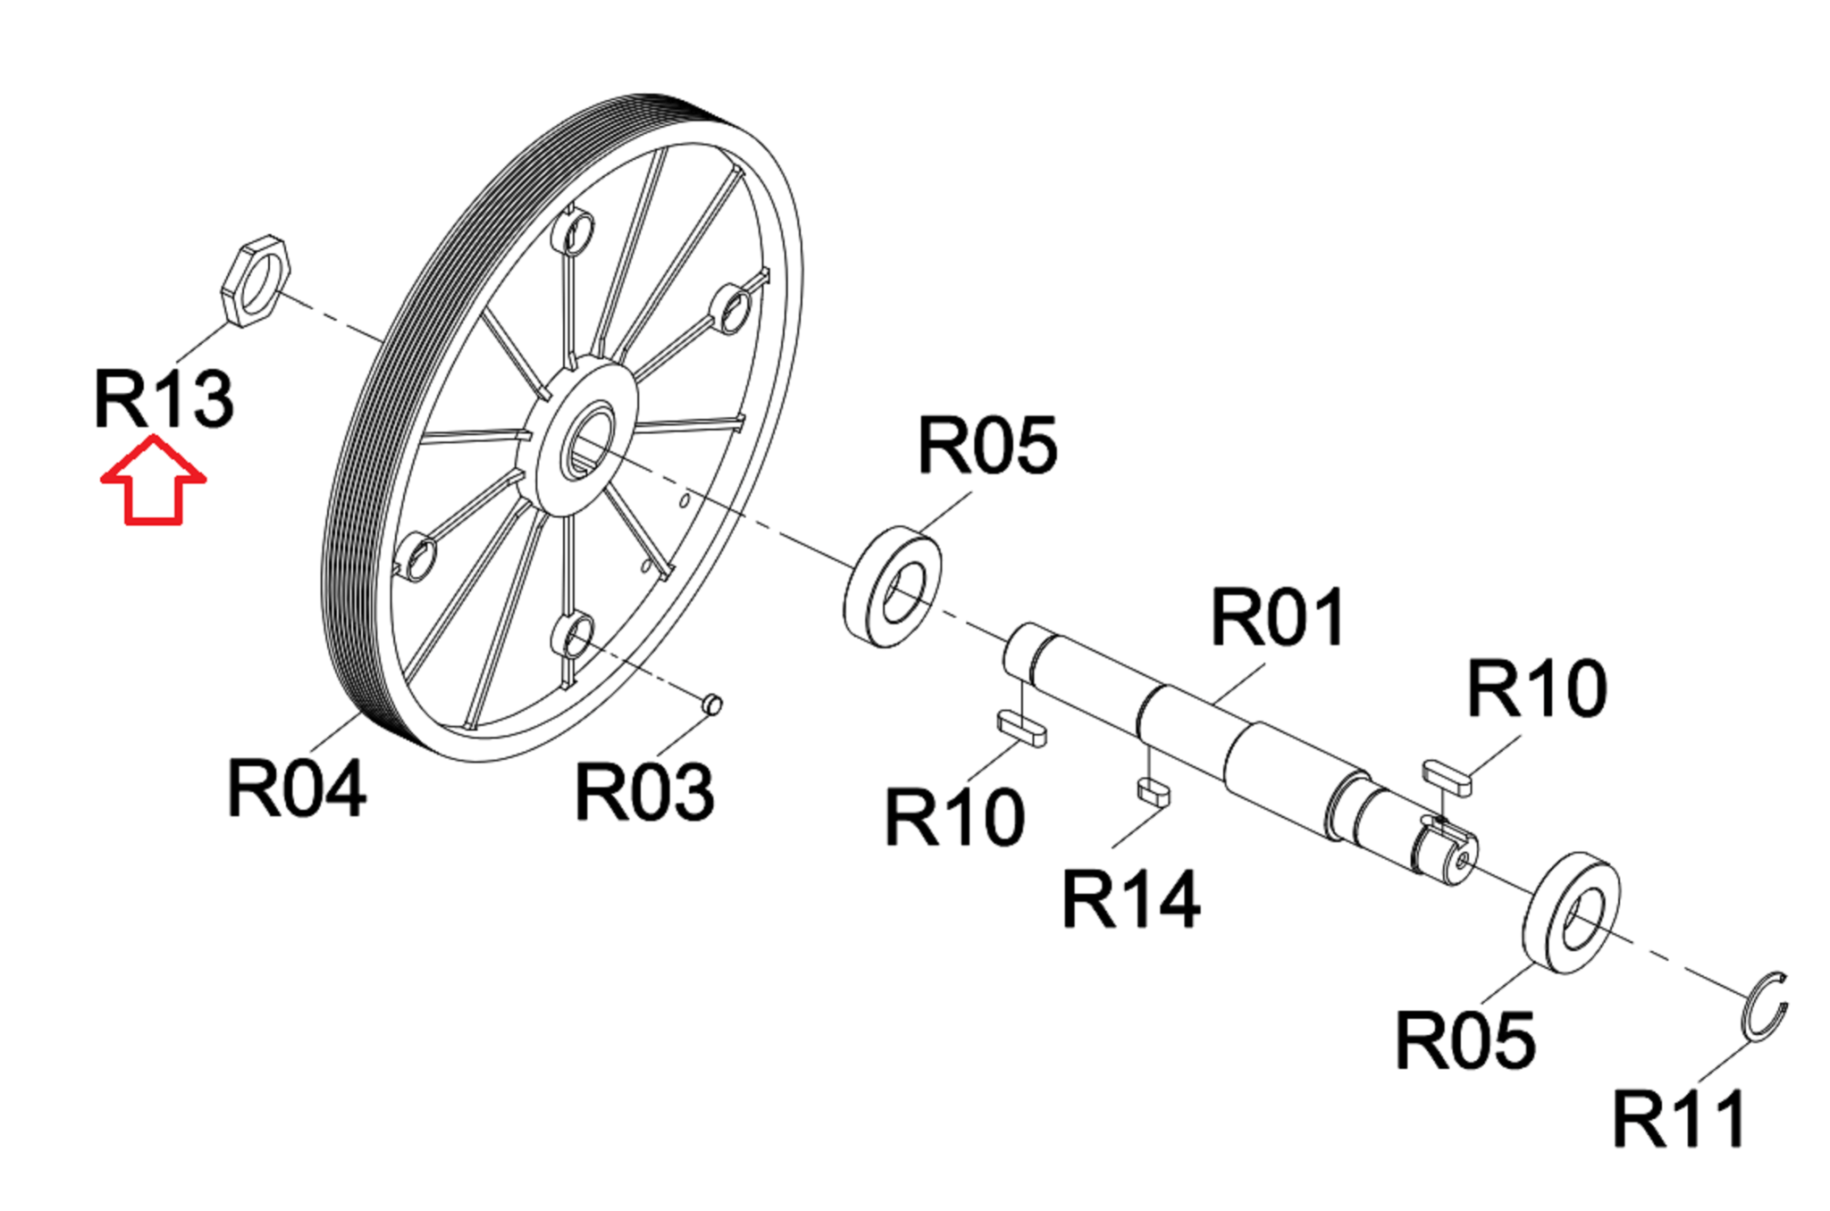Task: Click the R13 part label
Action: [x=164, y=398]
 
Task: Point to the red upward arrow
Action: [x=154, y=480]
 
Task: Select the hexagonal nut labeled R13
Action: [x=255, y=281]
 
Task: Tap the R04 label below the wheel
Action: [x=297, y=788]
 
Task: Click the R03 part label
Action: [x=644, y=791]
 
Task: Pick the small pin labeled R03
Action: [x=712, y=705]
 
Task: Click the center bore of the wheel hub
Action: [x=586, y=440]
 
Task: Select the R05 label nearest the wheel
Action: [x=987, y=445]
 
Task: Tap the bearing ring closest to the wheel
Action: [x=893, y=587]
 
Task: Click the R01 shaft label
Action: [x=1278, y=617]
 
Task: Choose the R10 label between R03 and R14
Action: [x=953, y=816]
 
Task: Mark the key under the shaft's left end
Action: [x=1021, y=728]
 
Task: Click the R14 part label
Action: [x=1131, y=898]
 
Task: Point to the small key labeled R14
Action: [x=1153, y=792]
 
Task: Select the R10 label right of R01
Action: [x=1537, y=688]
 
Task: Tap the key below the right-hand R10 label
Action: [x=1448, y=776]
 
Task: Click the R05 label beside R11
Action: [x=1465, y=1040]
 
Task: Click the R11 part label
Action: [x=1680, y=1119]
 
